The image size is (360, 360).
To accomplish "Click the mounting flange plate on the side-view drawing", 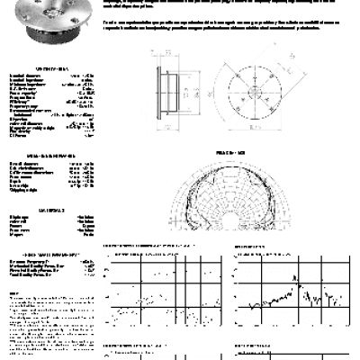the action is point(158,96).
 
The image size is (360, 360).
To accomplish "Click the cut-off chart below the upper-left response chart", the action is point(166,346).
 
